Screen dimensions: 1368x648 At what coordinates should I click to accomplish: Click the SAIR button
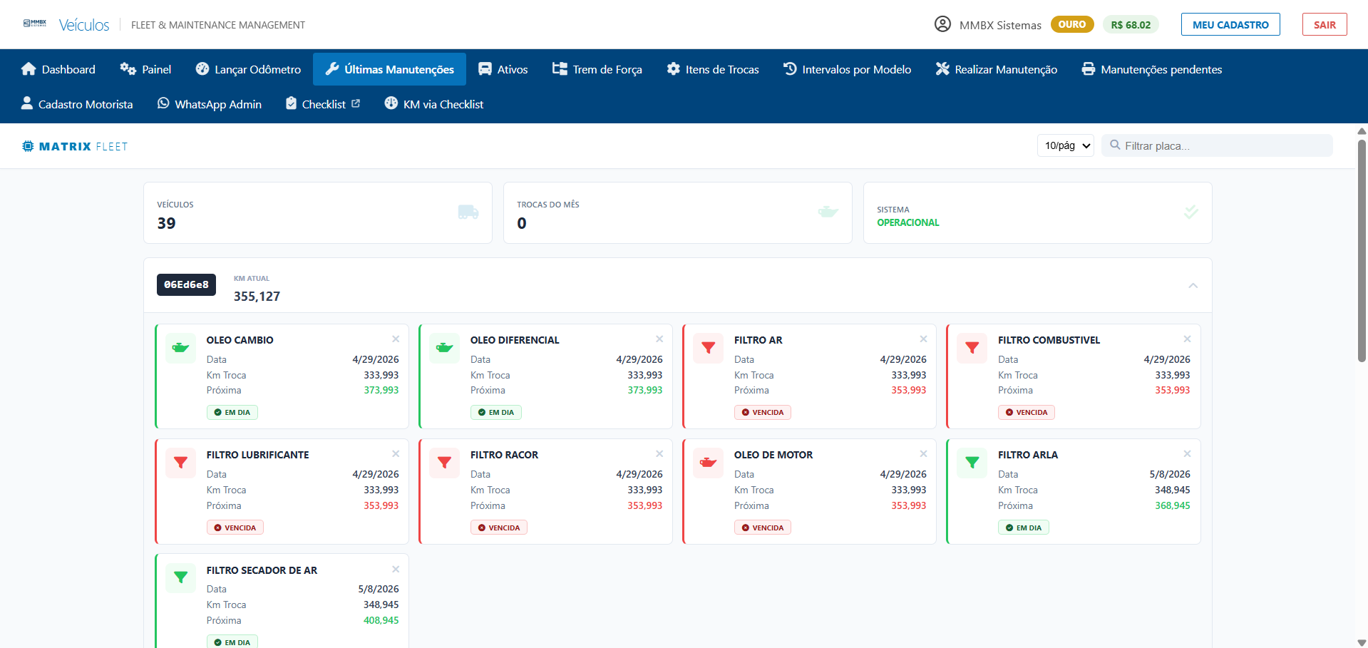click(1324, 25)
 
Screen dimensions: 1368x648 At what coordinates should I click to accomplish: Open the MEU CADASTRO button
click(1230, 25)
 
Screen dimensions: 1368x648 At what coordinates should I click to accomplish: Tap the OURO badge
click(1071, 24)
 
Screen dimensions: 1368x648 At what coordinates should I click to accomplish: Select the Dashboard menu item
click(58, 69)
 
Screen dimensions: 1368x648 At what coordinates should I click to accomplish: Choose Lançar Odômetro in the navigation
click(248, 69)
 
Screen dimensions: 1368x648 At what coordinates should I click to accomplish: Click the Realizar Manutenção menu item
click(996, 69)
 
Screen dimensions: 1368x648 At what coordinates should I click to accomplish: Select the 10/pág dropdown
click(1065, 145)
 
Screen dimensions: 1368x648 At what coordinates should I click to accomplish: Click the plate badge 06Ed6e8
click(186, 284)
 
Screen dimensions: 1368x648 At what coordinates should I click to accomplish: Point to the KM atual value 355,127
click(257, 297)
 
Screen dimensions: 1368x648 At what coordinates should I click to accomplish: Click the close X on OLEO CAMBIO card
click(396, 339)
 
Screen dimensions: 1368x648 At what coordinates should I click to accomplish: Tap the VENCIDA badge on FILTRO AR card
click(763, 412)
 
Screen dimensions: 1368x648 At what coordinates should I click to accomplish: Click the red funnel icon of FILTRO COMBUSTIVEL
click(972, 348)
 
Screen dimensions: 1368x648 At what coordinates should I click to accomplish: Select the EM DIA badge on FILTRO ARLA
click(1024, 528)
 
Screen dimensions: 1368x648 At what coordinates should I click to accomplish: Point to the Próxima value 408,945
click(381, 620)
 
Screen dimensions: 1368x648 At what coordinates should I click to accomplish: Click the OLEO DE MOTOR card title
click(773, 455)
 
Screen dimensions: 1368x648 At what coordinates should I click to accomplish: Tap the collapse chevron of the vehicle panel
click(1193, 285)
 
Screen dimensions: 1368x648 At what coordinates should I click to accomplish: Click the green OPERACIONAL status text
click(908, 222)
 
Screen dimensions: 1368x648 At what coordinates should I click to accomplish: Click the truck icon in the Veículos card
click(468, 212)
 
